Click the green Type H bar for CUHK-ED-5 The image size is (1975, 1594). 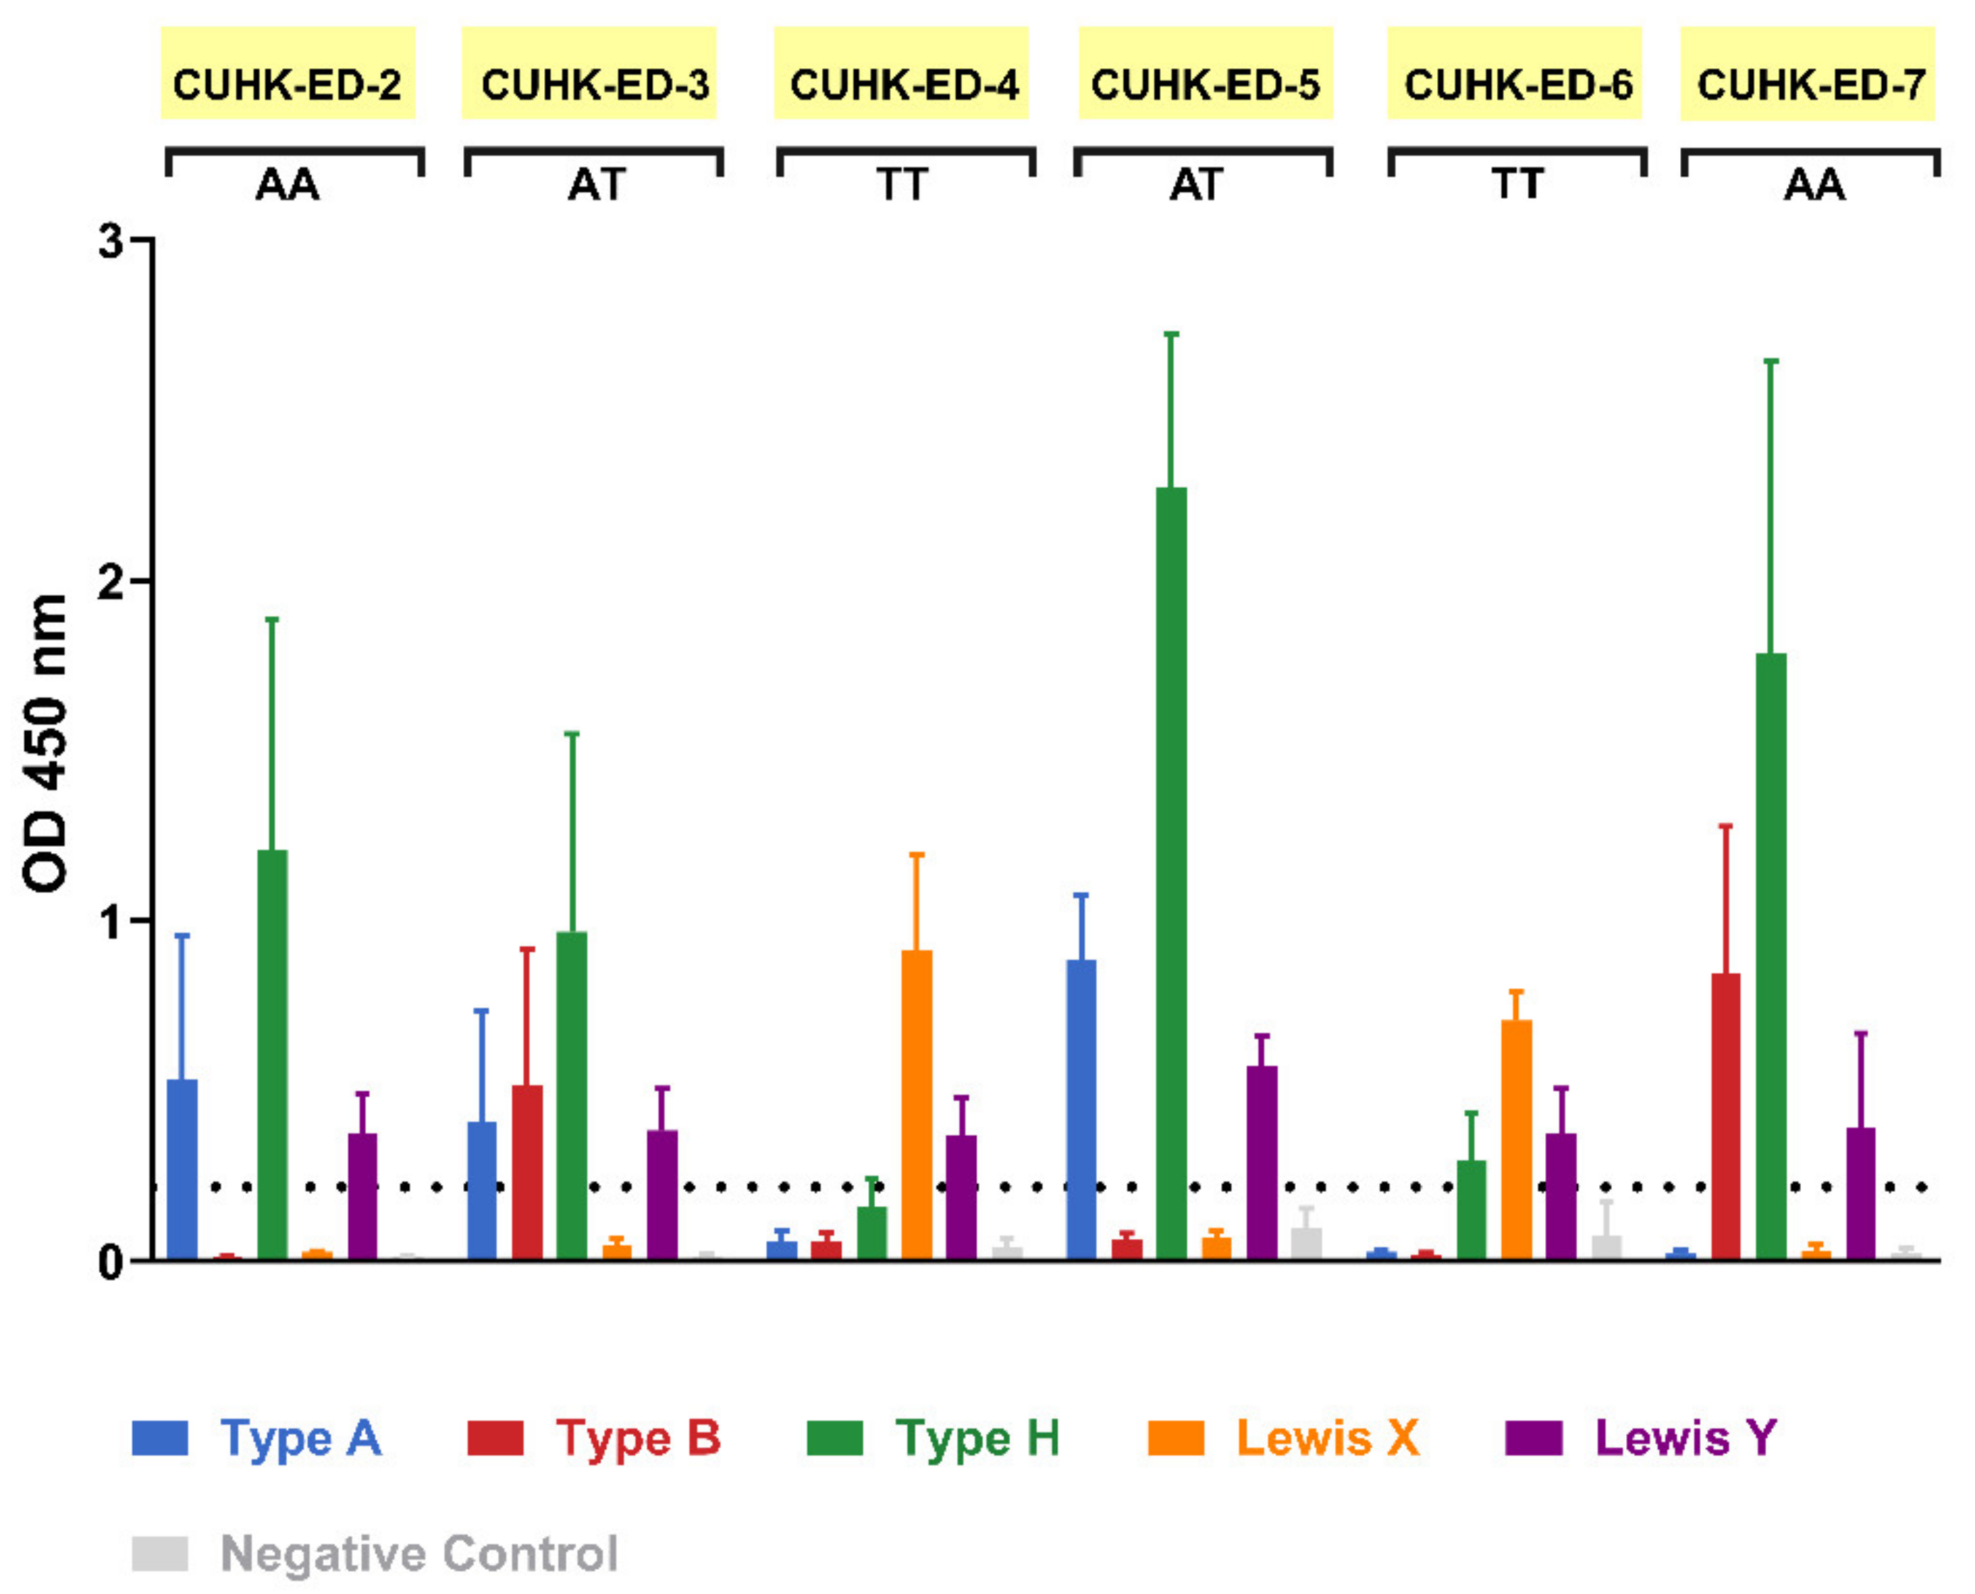point(1171,872)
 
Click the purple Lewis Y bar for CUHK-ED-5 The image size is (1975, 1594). point(1262,1161)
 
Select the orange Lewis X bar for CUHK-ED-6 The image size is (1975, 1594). point(1516,1139)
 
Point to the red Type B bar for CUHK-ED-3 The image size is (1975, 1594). point(527,1171)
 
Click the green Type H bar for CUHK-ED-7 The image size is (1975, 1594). point(1770,955)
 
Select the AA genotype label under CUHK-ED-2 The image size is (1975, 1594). point(288,185)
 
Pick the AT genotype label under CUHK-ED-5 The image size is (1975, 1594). point(1196,185)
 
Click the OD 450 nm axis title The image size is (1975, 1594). point(46,744)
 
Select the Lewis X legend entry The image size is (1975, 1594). point(1285,1438)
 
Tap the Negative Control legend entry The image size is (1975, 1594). point(377,1554)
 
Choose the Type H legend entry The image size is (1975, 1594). point(935,1438)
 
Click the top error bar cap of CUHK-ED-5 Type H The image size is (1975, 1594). point(1171,335)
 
